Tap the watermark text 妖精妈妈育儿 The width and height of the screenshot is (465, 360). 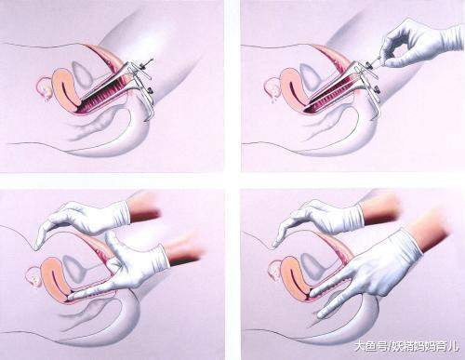[425, 345]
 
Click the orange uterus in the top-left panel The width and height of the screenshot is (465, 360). [66, 89]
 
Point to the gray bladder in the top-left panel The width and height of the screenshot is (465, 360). [82, 74]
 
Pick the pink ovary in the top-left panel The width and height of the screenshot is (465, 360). [44, 87]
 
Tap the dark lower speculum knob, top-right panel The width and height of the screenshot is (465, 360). [377, 89]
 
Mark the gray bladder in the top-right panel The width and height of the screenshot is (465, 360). [310, 76]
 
